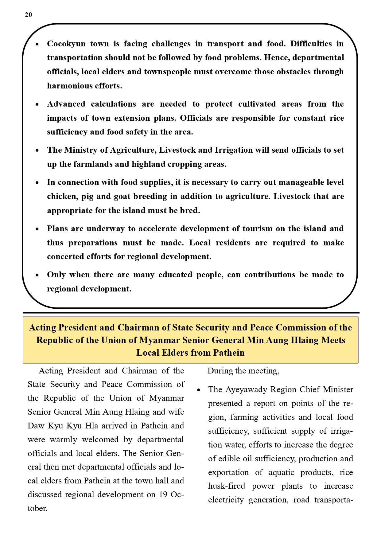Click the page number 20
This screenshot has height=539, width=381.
click(x=28, y=15)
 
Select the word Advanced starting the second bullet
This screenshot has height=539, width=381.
click(x=66, y=104)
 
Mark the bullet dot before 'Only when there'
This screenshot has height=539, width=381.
click(x=37, y=275)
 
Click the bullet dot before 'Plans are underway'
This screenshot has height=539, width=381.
click(x=37, y=229)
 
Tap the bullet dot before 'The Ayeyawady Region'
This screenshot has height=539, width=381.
click(x=199, y=390)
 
